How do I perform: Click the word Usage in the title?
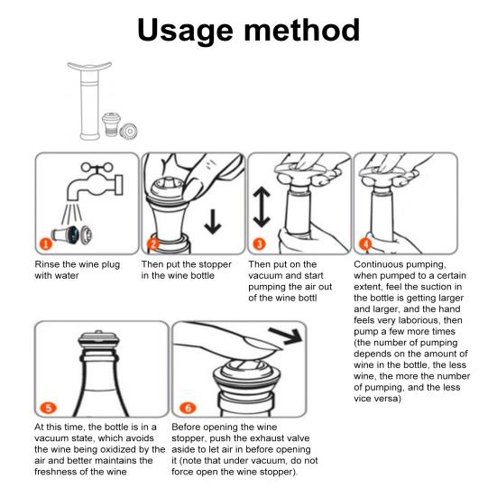point(185,31)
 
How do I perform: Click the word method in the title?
point(302,30)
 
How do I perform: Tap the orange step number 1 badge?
point(46,244)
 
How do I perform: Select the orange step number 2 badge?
point(153,244)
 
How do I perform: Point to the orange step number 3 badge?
point(259,244)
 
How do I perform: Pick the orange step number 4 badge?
point(365,244)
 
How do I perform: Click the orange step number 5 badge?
point(49,408)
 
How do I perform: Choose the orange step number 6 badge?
point(188,408)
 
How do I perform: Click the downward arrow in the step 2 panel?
point(213,222)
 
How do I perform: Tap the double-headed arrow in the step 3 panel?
point(262,207)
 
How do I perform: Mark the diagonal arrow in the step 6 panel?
point(286,336)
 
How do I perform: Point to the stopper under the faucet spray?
point(72,235)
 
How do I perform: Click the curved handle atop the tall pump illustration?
point(89,66)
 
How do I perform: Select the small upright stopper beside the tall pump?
point(111,124)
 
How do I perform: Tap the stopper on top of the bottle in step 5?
point(99,339)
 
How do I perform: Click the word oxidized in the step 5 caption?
point(113,449)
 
